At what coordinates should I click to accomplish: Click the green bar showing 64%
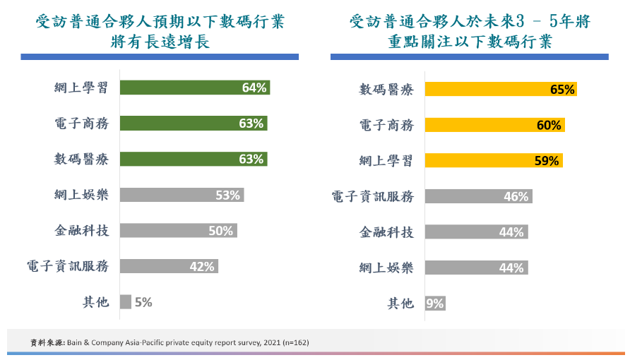[x=194, y=88]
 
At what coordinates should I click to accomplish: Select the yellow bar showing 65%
[x=501, y=90]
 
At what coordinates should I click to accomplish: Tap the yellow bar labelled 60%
[x=494, y=125]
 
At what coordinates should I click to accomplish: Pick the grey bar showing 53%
[x=182, y=195]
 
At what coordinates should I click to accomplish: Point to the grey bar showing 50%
[x=178, y=230]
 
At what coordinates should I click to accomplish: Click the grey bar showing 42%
[x=168, y=266]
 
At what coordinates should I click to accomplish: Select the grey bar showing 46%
[x=478, y=197]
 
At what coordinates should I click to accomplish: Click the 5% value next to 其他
[x=143, y=302]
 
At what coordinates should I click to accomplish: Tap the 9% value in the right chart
[x=435, y=304]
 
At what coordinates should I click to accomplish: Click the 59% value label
[x=547, y=161]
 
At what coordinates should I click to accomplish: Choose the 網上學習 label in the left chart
[x=81, y=88]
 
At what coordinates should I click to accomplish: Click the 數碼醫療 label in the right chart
[x=386, y=90]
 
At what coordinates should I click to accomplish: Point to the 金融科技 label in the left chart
[x=81, y=230]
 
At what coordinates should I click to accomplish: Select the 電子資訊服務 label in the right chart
[x=373, y=197]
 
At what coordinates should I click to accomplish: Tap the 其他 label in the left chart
[x=95, y=302]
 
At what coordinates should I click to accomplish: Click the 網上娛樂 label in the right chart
[x=386, y=268]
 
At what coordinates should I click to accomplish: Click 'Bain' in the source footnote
[x=76, y=342]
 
